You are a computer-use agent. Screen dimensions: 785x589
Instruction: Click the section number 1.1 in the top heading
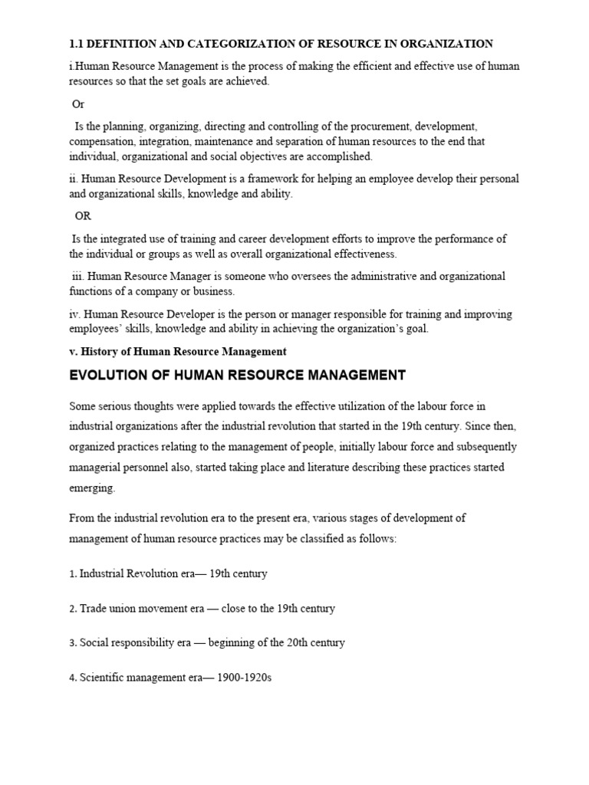77,44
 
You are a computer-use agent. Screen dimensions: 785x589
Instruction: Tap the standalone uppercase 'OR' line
83,216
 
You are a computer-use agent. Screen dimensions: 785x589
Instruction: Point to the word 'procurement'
365,126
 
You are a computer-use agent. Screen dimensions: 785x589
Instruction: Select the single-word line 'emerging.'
92,487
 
